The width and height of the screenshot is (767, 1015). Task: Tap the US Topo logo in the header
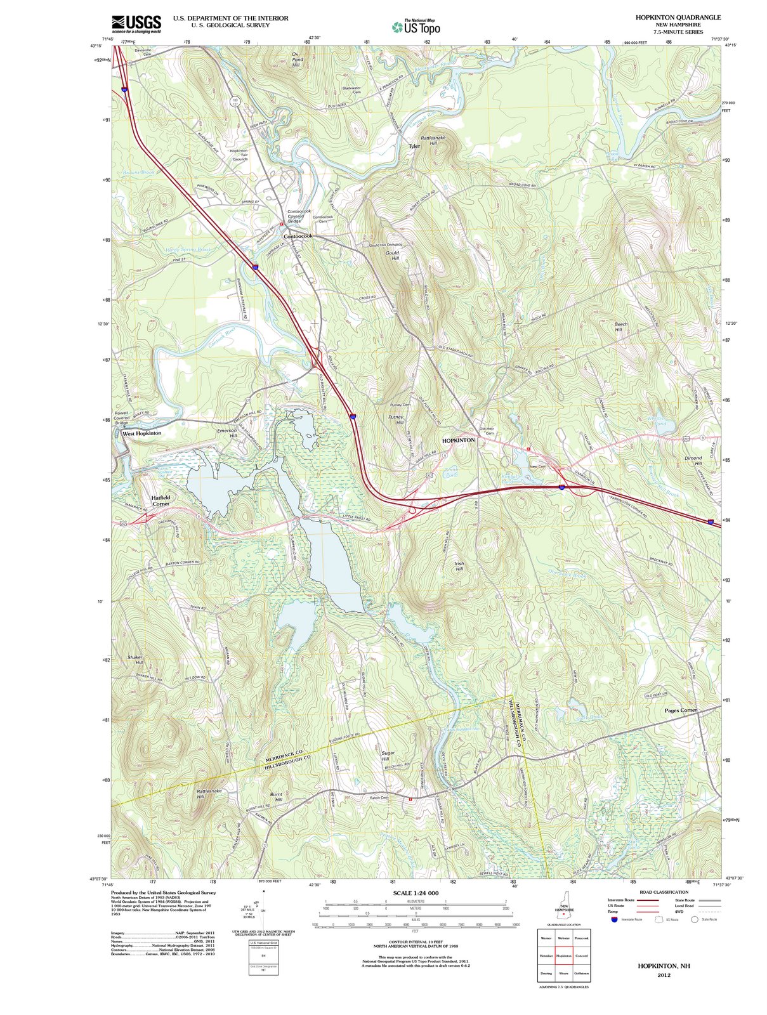point(416,27)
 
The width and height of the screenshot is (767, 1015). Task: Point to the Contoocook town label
point(298,236)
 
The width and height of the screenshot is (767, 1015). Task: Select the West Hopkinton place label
point(141,433)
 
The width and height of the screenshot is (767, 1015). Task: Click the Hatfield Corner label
point(161,501)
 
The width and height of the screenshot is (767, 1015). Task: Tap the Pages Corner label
point(681,710)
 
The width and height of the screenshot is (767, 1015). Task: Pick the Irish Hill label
point(459,566)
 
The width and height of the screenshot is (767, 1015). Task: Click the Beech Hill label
point(621,327)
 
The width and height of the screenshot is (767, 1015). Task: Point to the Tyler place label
point(414,146)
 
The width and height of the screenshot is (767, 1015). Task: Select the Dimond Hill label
point(693,460)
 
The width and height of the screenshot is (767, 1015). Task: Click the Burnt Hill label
point(276,797)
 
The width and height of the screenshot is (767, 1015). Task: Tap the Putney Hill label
point(400,419)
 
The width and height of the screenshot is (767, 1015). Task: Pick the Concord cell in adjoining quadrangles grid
point(581,955)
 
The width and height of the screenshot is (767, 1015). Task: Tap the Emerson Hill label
point(227,433)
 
